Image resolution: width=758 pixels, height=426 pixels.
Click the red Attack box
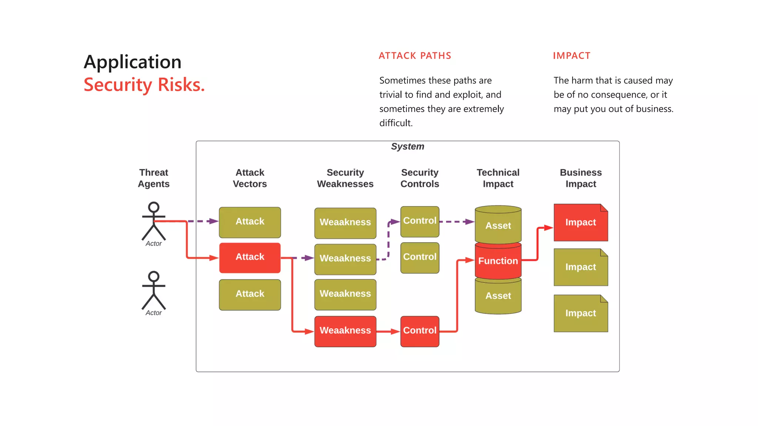click(250, 258)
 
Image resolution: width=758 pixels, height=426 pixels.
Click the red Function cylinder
click(498, 261)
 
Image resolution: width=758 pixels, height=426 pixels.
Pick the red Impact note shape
click(580, 223)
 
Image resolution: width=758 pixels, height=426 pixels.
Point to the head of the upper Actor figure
click(154, 207)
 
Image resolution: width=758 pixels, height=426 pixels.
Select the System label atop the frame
click(407, 146)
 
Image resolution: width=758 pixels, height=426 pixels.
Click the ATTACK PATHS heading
click(415, 56)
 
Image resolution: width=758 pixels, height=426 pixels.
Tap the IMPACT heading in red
click(571, 56)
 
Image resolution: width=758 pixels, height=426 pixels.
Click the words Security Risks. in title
click(144, 85)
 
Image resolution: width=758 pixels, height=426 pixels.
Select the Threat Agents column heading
click(154, 178)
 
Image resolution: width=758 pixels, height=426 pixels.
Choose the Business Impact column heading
click(580, 178)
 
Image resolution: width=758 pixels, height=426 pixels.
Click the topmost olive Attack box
click(250, 222)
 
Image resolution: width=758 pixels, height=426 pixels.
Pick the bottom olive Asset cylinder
click(498, 296)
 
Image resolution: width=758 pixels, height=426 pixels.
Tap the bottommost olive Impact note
click(580, 314)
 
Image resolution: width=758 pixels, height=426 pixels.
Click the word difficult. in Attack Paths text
click(396, 123)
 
